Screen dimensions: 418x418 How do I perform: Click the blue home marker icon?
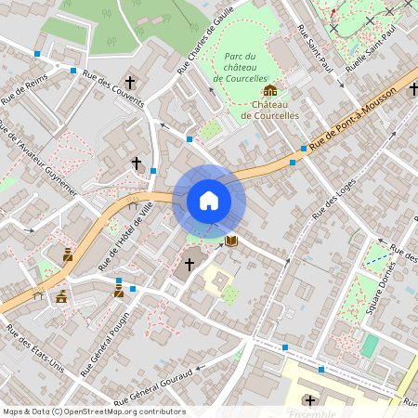[209, 200]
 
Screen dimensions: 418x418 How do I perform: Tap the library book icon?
[231, 241]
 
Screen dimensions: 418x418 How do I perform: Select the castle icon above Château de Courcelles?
[269, 90]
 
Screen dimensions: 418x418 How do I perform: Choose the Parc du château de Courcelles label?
[242, 68]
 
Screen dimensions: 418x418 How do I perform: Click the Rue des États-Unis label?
[34, 349]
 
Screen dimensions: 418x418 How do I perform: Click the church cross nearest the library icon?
[189, 265]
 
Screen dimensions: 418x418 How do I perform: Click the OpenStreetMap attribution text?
[94, 411]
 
